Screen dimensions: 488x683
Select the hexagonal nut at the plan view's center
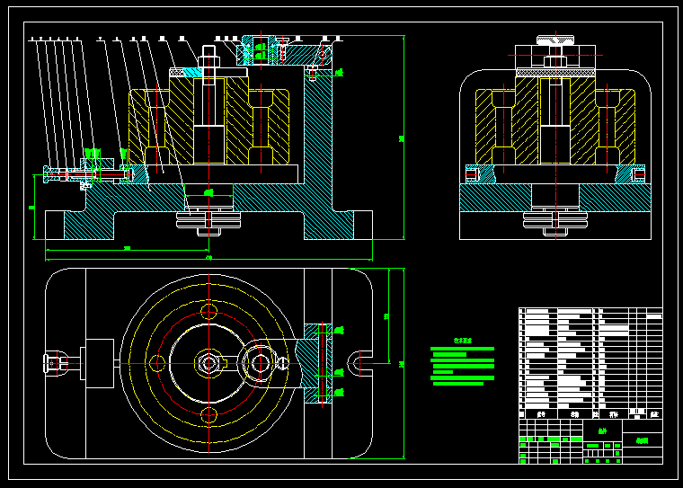tap(209, 363)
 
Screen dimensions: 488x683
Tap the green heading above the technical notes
tap(462, 342)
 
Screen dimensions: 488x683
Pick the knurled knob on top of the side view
tap(555, 39)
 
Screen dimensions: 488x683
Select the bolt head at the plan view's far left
tap(54, 363)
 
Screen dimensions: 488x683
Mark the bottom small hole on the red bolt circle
tap(209, 414)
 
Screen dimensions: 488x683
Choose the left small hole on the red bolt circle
tap(157, 363)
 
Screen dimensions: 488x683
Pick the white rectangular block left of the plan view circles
tap(98, 363)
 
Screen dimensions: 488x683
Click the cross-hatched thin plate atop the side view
tap(555, 71)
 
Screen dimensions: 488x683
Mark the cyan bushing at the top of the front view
tap(193, 72)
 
